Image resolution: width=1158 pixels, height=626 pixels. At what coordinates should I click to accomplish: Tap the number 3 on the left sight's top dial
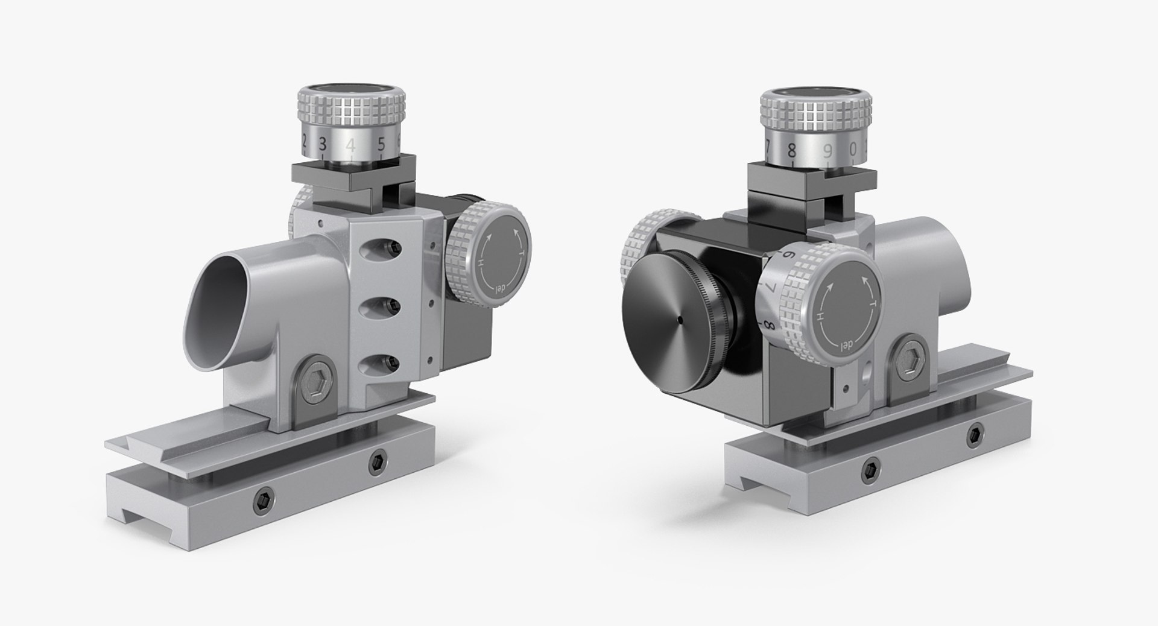point(323,144)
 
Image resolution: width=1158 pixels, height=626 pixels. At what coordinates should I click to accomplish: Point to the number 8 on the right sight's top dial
point(792,148)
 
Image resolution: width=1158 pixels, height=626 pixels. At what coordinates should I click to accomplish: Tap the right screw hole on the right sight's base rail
point(975,435)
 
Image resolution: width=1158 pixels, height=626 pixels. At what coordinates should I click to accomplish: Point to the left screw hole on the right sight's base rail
point(869,469)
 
